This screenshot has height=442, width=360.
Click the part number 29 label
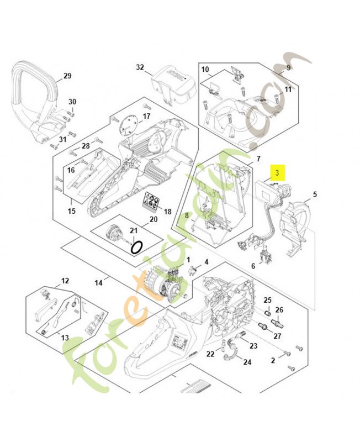tap(67, 76)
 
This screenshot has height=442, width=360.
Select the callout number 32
tap(140, 67)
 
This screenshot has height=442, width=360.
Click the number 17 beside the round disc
tap(146, 116)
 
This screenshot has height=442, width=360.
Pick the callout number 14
tap(98, 283)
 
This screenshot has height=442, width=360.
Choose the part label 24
tap(247, 362)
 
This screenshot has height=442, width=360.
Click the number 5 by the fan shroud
tap(315, 194)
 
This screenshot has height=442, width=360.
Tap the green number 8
tap(187, 215)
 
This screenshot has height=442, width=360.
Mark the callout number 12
tap(65, 281)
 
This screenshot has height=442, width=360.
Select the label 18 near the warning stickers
tap(167, 212)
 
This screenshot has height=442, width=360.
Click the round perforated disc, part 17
tap(130, 122)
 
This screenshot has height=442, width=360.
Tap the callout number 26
tap(279, 309)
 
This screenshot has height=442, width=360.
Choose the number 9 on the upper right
tap(288, 67)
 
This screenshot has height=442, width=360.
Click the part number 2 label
tap(273, 360)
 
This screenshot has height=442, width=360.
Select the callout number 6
tap(253, 266)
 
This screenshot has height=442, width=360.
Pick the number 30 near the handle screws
tap(72, 102)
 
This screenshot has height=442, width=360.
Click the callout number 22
tap(210, 354)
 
